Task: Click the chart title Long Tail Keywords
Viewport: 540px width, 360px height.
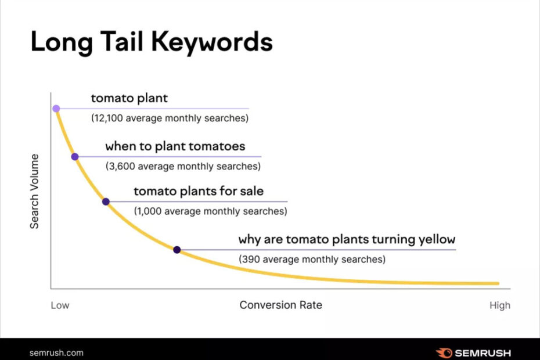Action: tap(152, 42)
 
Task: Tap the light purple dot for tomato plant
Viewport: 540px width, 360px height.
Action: tap(56, 109)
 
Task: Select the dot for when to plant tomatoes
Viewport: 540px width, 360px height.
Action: tap(75, 157)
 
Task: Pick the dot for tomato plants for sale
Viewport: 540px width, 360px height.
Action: tap(106, 201)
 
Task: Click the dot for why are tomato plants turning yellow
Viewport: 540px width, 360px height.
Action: tap(177, 250)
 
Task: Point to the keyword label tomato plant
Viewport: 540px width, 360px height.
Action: tap(129, 99)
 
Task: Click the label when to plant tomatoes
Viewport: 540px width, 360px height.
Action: tap(175, 146)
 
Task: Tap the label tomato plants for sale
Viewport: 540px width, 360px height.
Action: tap(199, 191)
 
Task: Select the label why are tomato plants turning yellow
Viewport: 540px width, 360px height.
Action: tap(347, 239)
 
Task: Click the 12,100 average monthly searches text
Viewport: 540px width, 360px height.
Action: tap(170, 118)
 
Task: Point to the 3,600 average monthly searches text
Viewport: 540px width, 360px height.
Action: tap(183, 167)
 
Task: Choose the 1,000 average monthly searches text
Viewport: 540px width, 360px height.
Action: tap(210, 211)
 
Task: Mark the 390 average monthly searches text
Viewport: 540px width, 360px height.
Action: tap(312, 260)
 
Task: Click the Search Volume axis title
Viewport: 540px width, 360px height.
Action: tap(34, 191)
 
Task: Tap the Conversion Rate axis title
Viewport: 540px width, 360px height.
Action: tap(281, 305)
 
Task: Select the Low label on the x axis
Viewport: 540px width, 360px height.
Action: tap(60, 305)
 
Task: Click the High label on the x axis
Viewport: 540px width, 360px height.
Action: tap(500, 305)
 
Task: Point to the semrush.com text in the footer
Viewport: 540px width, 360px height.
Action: tap(56, 353)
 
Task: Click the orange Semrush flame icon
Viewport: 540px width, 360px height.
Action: tap(444, 353)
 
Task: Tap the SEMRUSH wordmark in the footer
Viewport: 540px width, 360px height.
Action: tap(483, 353)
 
